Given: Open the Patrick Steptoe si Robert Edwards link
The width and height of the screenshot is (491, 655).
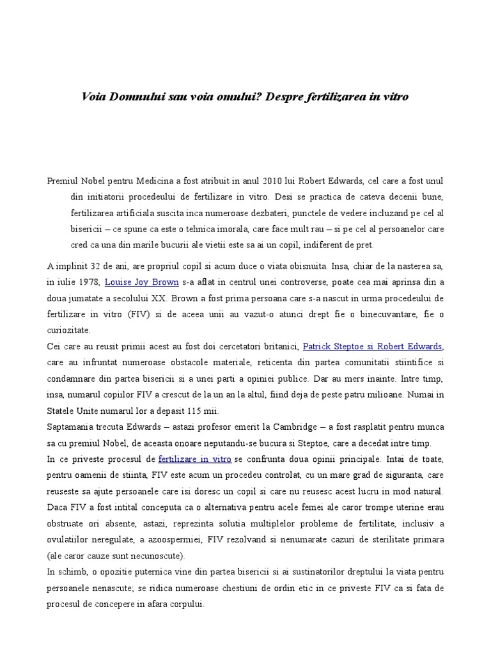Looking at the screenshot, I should tap(372, 347).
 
